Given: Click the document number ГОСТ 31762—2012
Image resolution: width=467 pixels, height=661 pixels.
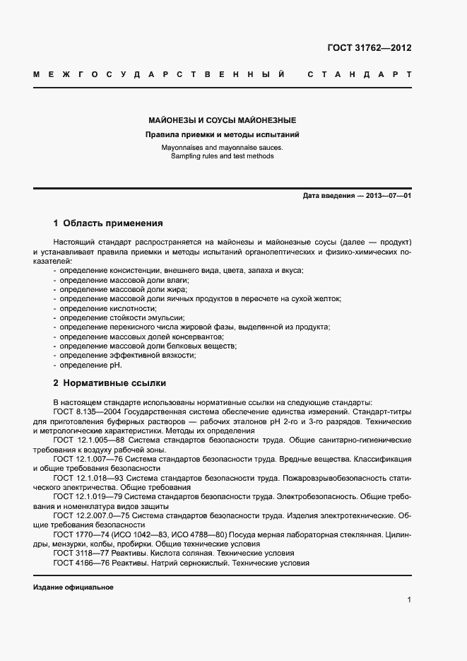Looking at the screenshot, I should click(370, 48).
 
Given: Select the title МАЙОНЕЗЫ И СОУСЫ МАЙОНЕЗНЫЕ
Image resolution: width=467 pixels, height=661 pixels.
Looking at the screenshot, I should click(222, 120).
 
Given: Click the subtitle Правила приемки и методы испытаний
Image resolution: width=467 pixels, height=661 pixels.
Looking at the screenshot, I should click(222, 134).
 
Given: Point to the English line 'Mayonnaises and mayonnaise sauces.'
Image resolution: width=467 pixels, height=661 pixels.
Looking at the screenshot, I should click(222, 148).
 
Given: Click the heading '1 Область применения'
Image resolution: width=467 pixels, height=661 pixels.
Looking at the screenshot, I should click(108, 223).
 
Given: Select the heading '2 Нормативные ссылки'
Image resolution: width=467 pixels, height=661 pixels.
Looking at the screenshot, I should click(110, 383).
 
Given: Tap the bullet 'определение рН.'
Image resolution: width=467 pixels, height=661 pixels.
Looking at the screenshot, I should click(90, 365).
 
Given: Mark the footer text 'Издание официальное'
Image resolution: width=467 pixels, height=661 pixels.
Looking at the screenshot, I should click(73, 587).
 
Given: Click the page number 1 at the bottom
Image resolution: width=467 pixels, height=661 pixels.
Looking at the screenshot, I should click(409, 600).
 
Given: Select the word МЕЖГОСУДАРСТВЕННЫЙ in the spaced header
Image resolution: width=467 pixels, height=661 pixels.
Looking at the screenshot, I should click(159, 74).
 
